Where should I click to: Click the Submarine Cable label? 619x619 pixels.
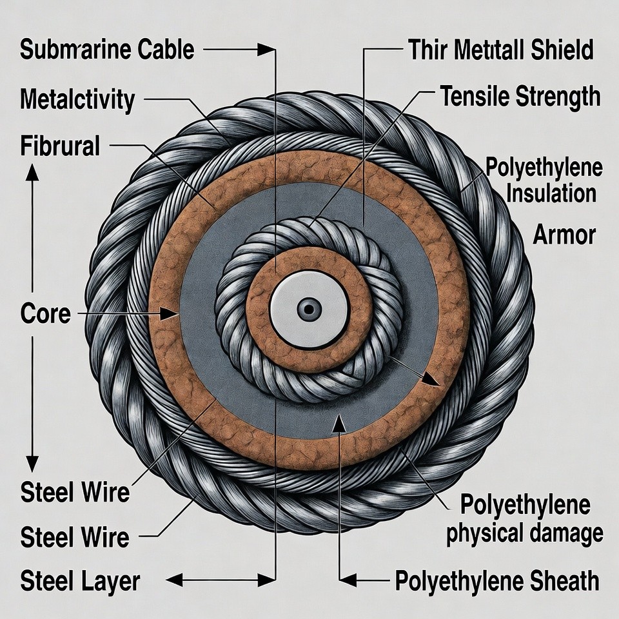click(x=107, y=50)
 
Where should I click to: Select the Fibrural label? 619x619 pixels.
click(x=60, y=146)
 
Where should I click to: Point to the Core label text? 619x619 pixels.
click(x=45, y=314)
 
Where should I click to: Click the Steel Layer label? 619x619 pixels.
click(x=80, y=581)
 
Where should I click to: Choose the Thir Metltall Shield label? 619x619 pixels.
click(x=500, y=50)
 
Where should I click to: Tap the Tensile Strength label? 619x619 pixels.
click(x=520, y=97)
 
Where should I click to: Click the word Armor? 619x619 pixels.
click(x=564, y=235)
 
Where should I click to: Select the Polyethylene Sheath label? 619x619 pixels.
click(x=496, y=581)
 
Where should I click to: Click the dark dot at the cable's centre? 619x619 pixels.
click(x=309, y=309)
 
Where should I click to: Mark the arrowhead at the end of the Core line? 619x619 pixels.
click(x=170, y=314)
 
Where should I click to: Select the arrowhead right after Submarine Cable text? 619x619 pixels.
click(x=264, y=50)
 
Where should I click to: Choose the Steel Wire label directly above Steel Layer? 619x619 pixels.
click(x=75, y=536)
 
